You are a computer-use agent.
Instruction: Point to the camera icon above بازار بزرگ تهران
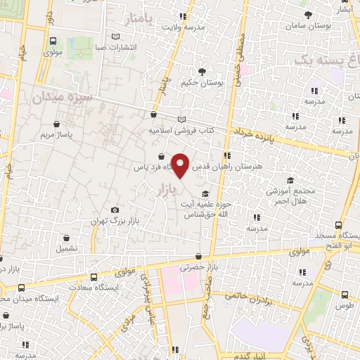click(x=115, y=210)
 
